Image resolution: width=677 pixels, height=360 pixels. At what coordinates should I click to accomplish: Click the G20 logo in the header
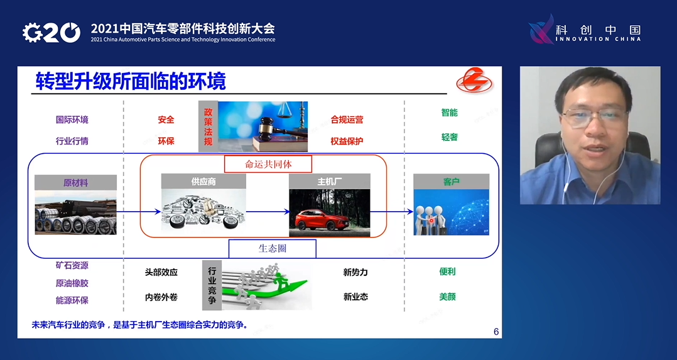pos(51,32)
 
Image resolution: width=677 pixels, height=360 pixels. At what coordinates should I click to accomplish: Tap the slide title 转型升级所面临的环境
pos(131,81)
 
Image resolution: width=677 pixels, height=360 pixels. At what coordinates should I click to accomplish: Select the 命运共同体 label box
pos(269,164)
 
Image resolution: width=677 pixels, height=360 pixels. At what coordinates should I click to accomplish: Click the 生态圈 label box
pos(272,248)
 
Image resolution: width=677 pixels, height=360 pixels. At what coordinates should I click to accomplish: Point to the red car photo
pos(329,212)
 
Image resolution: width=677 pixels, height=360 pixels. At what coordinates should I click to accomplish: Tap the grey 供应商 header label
pos(203,182)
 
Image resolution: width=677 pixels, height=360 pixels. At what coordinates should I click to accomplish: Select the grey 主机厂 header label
pos(329,182)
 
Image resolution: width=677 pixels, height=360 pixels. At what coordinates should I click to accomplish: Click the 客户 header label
pos(451,182)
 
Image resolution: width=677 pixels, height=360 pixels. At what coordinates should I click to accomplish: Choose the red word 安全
pos(166,119)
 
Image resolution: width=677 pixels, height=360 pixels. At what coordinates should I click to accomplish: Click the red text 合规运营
pos(347,119)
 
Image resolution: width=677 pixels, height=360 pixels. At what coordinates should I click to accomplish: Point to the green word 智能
pos(449,112)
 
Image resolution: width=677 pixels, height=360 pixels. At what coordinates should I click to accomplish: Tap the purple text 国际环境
pos(72,119)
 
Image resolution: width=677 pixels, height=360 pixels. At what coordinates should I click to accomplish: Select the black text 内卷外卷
pos(161,297)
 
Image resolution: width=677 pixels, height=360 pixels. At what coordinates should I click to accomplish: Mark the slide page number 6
pos(496,331)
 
